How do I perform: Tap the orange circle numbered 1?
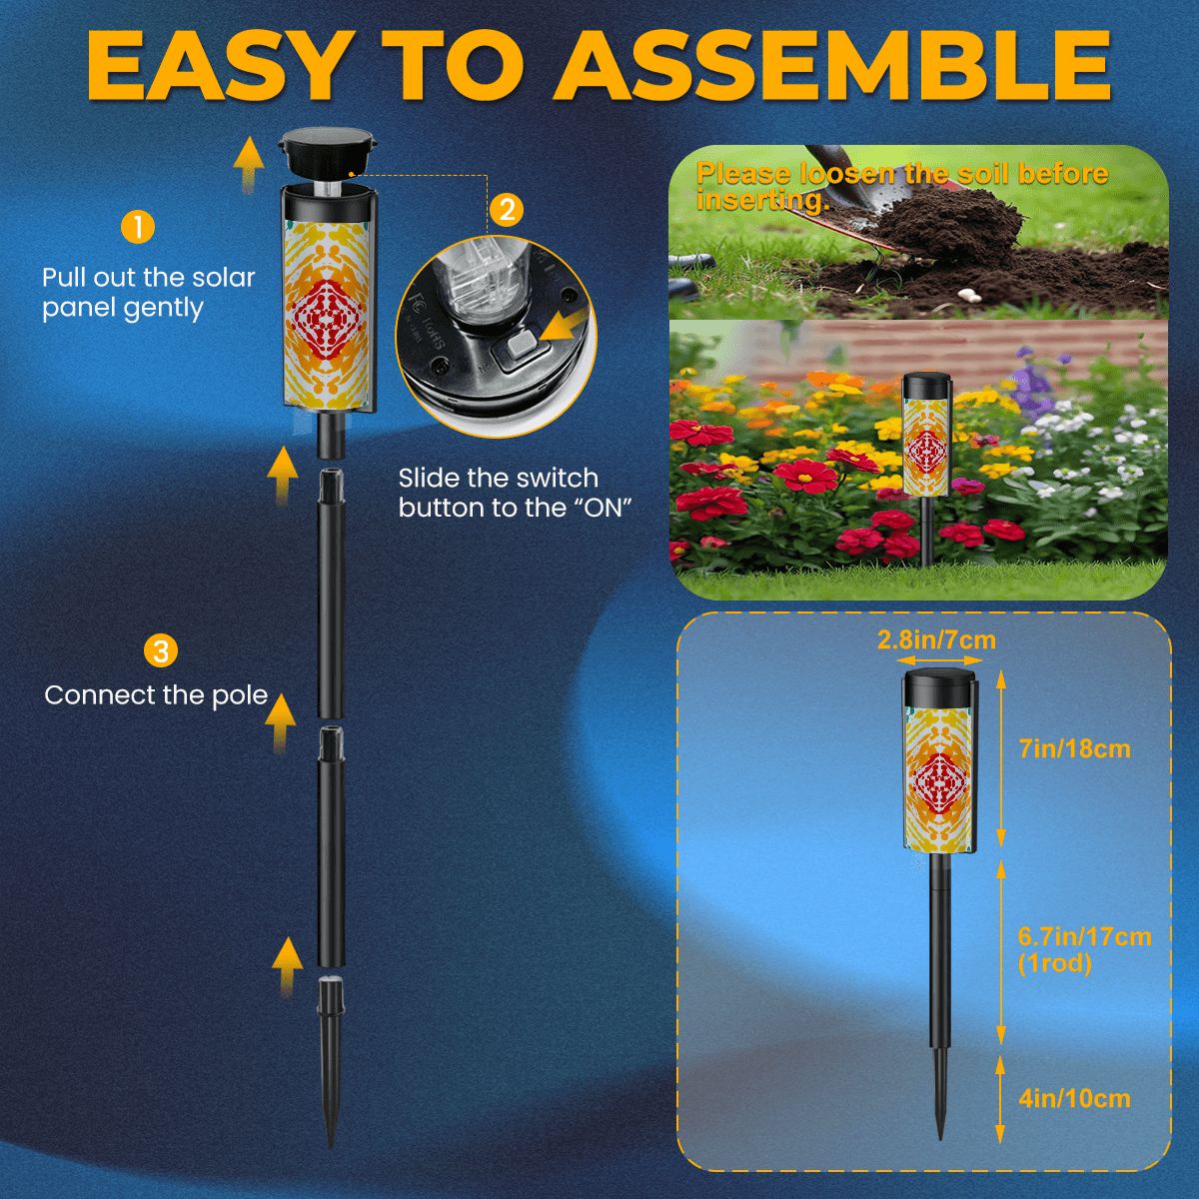pyautogui.click(x=137, y=227)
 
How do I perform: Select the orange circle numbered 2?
pyautogui.click(x=508, y=210)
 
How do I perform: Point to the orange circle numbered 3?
pyautogui.click(x=161, y=651)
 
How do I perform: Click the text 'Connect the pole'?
pyautogui.click(x=156, y=695)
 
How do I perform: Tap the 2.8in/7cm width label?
pyautogui.click(x=936, y=639)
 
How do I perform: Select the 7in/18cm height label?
pyautogui.click(x=1074, y=748)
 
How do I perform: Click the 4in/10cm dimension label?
pyautogui.click(x=1074, y=1099)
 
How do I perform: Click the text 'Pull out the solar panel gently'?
pyautogui.click(x=148, y=293)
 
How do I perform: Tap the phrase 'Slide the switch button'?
pyautogui.click(x=498, y=479)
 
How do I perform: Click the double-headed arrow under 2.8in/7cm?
pyautogui.click(x=936, y=660)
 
